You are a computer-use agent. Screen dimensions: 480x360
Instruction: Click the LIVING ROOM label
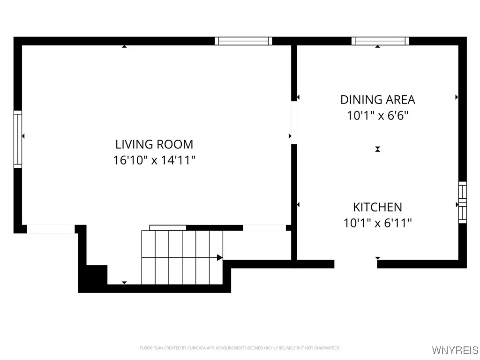(x=154, y=144)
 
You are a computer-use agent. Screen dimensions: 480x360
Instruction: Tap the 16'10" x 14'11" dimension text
(x=154, y=160)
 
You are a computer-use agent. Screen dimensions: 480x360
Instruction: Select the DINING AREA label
(x=377, y=100)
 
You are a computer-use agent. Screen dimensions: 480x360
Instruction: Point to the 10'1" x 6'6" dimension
(x=377, y=116)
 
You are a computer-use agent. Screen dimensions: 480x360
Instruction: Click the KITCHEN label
(x=377, y=207)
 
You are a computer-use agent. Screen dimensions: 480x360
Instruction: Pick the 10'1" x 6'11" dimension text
(x=377, y=223)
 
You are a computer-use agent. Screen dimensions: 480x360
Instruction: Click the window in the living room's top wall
(x=243, y=41)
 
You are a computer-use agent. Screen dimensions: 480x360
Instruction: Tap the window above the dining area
(x=380, y=41)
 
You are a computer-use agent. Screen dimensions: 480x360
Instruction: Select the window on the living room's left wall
(x=18, y=139)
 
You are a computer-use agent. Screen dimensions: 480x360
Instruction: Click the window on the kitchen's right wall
(x=462, y=202)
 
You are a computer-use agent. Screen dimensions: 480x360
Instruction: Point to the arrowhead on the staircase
(x=219, y=257)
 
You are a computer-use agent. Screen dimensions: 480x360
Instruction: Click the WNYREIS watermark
(x=455, y=350)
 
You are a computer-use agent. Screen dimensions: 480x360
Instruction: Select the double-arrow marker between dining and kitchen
(x=377, y=149)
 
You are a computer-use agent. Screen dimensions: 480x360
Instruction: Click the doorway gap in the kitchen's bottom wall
(x=355, y=264)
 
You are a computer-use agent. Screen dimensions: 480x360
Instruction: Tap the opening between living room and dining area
(x=294, y=122)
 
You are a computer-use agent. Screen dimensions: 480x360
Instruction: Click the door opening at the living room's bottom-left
(x=51, y=229)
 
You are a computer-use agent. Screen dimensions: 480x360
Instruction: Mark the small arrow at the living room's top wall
(x=124, y=46)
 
